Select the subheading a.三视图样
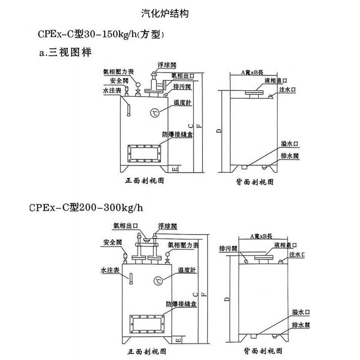(x=66, y=53)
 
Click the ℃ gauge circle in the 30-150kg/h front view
(x=153, y=112)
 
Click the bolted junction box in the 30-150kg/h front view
(x=144, y=153)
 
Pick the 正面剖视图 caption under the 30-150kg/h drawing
(x=144, y=181)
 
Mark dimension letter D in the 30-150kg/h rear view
(x=218, y=130)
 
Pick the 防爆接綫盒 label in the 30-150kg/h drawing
(x=179, y=135)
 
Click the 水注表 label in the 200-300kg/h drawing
(x=109, y=270)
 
